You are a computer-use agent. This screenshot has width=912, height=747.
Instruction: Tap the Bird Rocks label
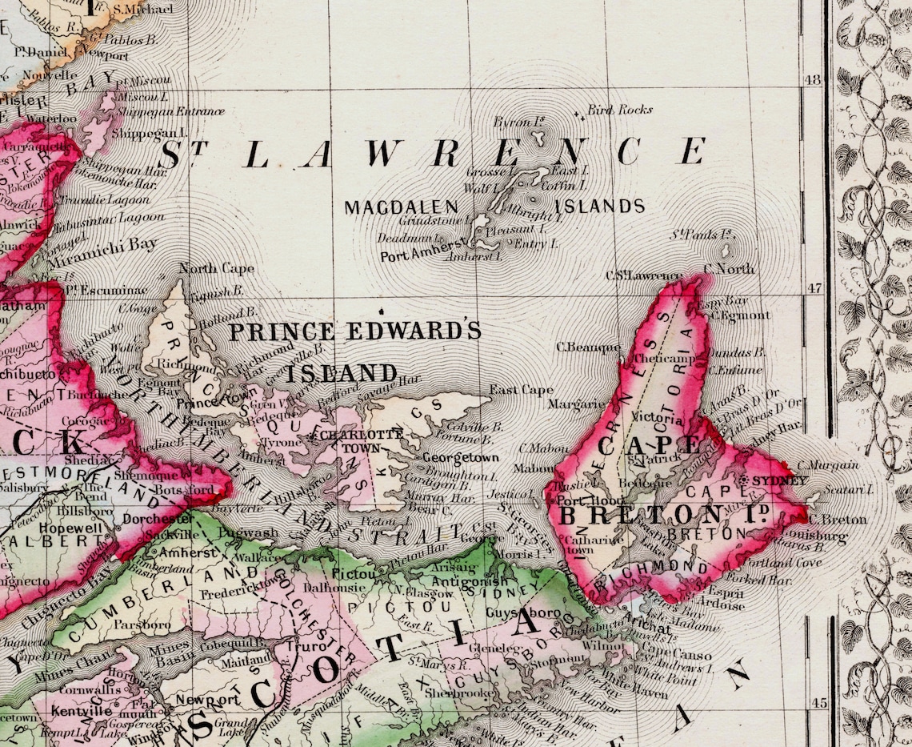click(620, 110)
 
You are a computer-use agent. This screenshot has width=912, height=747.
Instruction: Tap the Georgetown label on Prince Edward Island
click(460, 458)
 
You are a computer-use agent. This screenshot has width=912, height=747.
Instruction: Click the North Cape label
click(216, 269)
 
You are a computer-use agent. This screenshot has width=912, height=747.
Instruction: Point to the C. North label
click(728, 269)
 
